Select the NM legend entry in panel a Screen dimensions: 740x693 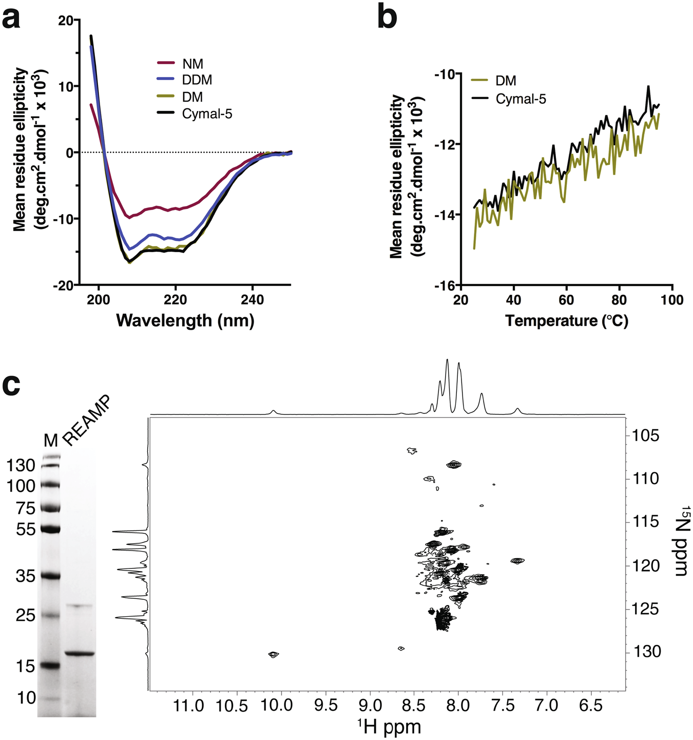(192, 64)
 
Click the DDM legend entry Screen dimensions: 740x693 (197, 80)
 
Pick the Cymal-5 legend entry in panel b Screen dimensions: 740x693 (521, 99)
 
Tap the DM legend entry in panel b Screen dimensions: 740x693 (506, 81)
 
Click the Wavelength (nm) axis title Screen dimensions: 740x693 (185, 320)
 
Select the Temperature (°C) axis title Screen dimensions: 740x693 (567, 321)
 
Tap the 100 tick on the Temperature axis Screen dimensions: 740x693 (671, 300)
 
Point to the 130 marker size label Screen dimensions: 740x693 (21, 466)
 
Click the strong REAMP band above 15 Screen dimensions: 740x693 (80, 654)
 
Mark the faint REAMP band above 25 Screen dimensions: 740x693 (79, 606)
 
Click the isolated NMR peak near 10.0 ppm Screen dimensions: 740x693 (273, 654)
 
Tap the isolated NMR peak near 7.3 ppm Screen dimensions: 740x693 (517, 561)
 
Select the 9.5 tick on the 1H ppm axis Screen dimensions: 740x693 (325, 705)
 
